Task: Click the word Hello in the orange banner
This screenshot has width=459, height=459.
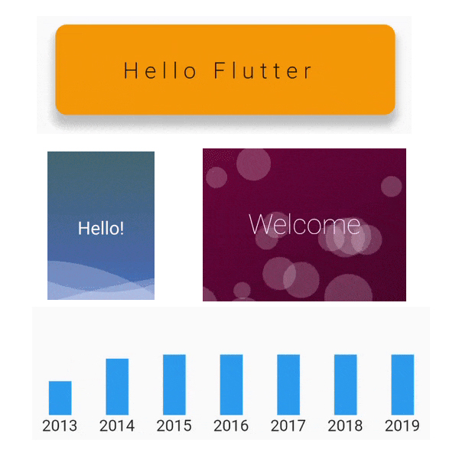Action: click(160, 70)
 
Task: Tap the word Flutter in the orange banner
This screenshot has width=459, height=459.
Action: click(262, 70)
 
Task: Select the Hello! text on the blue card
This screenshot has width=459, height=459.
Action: click(101, 228)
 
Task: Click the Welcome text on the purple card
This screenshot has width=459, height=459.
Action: click(304, 224)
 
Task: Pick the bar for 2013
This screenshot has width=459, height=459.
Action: click(60, 398)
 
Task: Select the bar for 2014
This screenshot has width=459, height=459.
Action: click(117, 386)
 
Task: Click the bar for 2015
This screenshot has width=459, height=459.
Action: click(174, 385)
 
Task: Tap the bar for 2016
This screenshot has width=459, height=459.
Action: click(231, 385)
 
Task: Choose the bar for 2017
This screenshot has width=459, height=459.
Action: click(288, 385)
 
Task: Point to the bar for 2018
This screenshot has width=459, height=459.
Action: click(346, 385)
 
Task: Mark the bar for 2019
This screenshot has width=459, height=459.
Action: click(402, 385)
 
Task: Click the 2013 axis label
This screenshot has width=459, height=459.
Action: click(60, 425)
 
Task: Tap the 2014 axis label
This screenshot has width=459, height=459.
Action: click(117, 425)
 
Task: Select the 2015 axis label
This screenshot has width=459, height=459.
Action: click(174, 425)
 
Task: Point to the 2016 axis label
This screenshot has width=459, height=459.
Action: click(231, 425)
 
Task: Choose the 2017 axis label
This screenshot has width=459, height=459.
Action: click(288, 425)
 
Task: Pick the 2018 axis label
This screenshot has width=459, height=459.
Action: click(345, 425)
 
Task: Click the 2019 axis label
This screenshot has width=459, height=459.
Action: click(402, 425)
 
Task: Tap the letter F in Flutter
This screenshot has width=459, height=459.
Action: click(220, 70)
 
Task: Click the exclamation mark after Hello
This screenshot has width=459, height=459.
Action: click(122, 228)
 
